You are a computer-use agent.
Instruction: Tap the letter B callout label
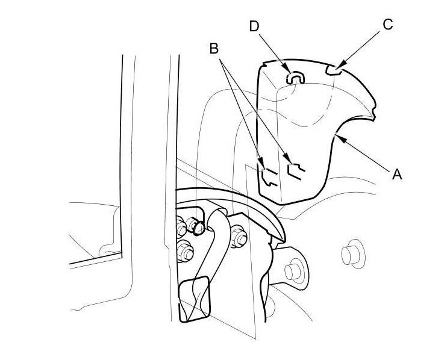(x=214, y=48)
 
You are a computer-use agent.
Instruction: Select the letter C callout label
(x=387, y=24)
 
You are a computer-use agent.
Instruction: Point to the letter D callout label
(x=255, y=26)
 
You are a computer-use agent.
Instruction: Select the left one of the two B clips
(x=269, y=173)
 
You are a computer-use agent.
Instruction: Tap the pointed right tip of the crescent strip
(x=281, y=235)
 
